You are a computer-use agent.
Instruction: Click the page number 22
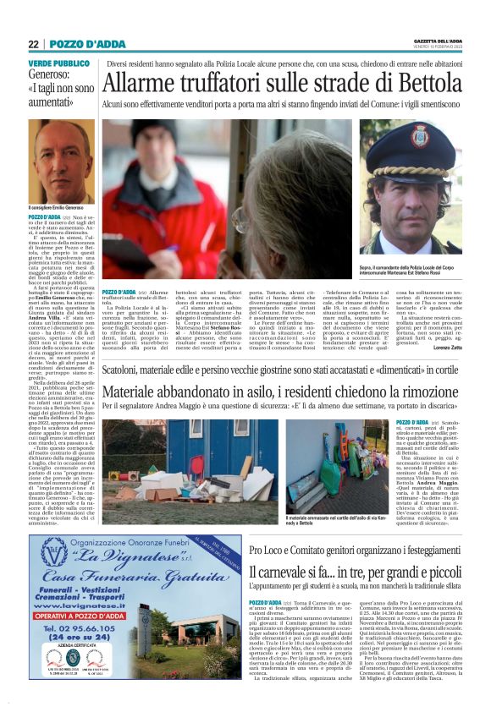(33, 44)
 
